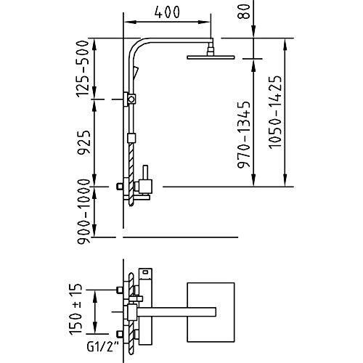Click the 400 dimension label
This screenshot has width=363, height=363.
tap(167, 12)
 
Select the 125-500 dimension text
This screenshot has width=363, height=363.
tap(83, 69)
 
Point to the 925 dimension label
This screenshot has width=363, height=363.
tap(83, 142)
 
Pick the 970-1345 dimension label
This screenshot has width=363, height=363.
tap(243, 134)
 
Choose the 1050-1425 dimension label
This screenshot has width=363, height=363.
tap(275, 112)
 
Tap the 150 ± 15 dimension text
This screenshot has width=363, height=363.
tap(76, 310)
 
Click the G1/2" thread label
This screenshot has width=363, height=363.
tap(101, 348)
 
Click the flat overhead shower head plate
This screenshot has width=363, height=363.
tap(211, 57)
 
